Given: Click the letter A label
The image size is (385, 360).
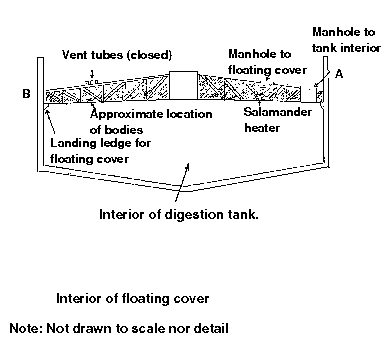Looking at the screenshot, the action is click(x=339, y=74).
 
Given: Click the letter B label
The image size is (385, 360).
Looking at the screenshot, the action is click(x=26, y=94).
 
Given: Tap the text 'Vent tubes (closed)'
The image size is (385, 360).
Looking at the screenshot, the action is click(x=117, y=55).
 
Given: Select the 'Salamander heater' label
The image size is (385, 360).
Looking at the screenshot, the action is click(x=277, y=120).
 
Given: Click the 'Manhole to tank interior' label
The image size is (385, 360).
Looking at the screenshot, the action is click(x=346, y=40).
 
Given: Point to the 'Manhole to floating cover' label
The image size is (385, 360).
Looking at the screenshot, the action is click(x=267, y=62).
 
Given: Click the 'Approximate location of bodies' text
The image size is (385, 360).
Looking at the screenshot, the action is click(x=151, y=122).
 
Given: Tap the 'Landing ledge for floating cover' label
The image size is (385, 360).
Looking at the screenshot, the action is click(x=100, y=151).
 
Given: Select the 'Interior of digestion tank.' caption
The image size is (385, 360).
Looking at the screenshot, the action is click(x=179, y=214).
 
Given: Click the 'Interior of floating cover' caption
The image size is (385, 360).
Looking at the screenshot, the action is click(x=132, y=298).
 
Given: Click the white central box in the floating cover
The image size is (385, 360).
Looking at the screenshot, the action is click(x=183, y=85).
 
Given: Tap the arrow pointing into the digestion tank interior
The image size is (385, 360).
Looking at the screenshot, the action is click(x=182, y=182).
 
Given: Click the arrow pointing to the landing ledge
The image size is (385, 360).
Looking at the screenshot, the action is click(x=50, y=124).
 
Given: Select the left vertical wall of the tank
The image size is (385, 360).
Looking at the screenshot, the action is click(x=40, y=114).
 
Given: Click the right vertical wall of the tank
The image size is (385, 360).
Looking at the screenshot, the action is click(x=326, y=112).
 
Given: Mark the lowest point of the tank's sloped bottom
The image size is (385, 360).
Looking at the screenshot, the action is click(x=182, y=191).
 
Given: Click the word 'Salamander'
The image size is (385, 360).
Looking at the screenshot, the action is click(x=277, y=112).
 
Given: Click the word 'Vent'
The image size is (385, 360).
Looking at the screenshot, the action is click(x=74, y=55).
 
